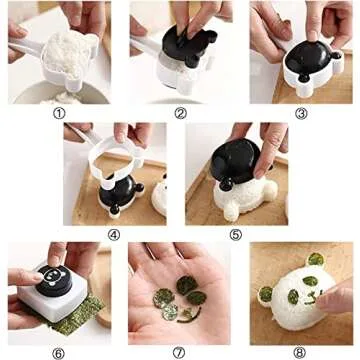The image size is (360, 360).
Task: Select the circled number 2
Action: click(180, 113)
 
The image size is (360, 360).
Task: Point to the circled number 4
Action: click(113, 235)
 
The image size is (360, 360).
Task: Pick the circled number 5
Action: click(236, 235)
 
